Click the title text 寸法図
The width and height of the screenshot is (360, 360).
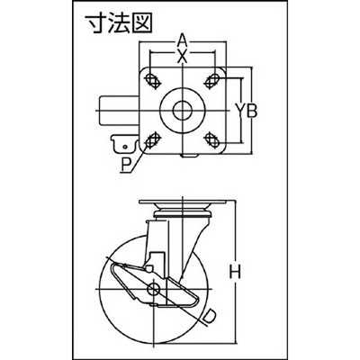pyautogui.click(x=119, y=22)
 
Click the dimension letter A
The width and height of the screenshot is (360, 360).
pyautogui.click(x=182, y=40)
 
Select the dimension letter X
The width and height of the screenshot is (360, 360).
pyautogui.click(x=182, y=56)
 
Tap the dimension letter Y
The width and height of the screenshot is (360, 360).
pyautogui.click(x=239, y=111)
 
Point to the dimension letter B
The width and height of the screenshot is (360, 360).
pyautogui.click(x=253, y=111)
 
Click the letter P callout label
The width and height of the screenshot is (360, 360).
pyautogui.click(x=125, y=166)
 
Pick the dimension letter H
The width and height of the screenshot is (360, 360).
pyautogui.click(x=235, y=273)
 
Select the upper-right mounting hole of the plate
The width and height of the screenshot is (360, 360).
pyautogui.click(x=212, y=80)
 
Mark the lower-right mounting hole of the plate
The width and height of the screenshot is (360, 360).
pyautogui.click(x=212, y=140)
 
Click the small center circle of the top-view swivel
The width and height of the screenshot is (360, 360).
pyautogui.click(x=182, y=111)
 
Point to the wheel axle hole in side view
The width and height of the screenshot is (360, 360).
pyautogui.click(x=154, y=289)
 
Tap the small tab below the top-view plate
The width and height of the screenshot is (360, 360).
pyautogui.click(x=190, y=156)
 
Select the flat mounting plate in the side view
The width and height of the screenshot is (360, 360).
pyautogui.click(x=183, y=202)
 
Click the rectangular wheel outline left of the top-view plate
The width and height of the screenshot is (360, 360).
pyautogui.click(x=119, y=111)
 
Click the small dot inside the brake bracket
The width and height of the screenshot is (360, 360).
pyautogui.click(x=124, y=147)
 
